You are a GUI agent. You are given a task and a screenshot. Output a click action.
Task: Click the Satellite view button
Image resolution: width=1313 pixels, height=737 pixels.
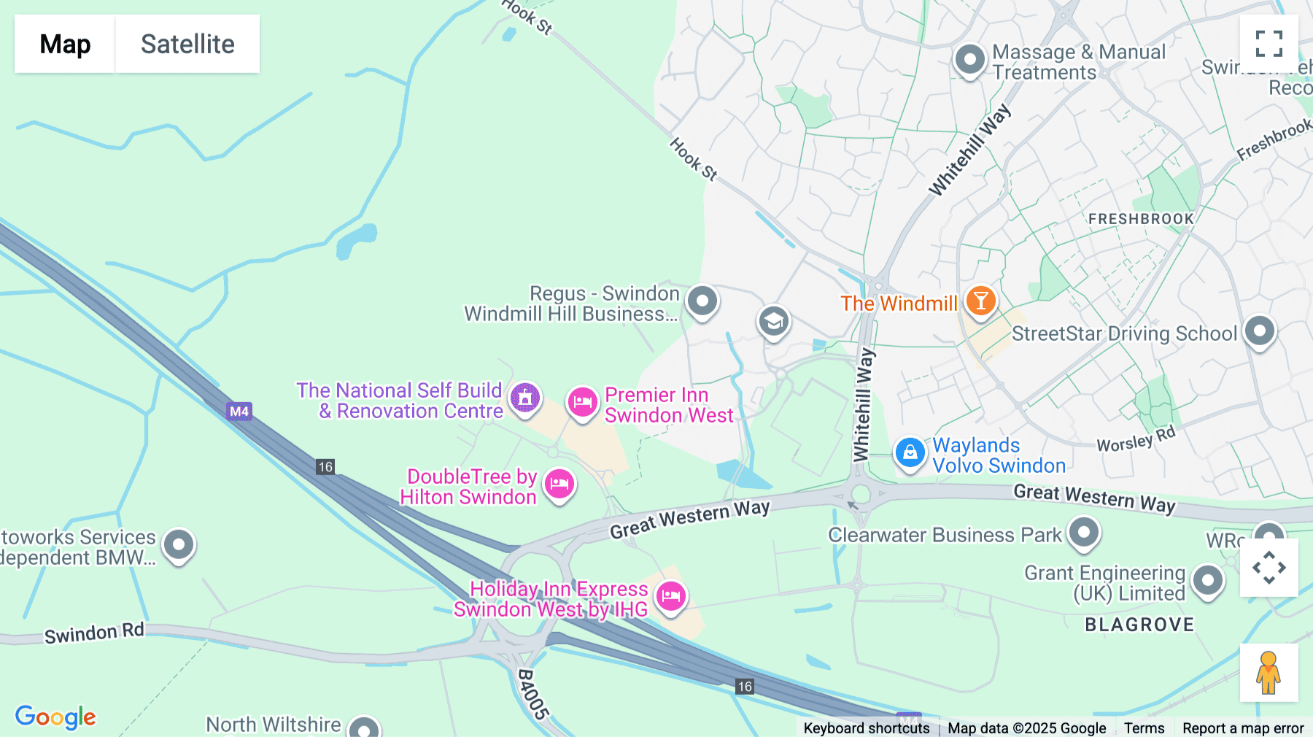tap(187, 44)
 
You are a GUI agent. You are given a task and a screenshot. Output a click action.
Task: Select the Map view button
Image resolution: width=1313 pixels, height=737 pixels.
tap(65, 44)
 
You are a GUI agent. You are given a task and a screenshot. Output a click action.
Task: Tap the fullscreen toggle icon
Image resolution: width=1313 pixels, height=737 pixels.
tap(1269, 44)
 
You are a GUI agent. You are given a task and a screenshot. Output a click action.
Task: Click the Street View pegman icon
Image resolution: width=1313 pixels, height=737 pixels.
tap(1269, 673)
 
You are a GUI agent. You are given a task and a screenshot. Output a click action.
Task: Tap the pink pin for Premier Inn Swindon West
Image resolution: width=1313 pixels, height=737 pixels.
tap(582, 402)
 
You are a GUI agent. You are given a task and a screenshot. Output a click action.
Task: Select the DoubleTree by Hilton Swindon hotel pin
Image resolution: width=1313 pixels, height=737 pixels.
tap(559, 484)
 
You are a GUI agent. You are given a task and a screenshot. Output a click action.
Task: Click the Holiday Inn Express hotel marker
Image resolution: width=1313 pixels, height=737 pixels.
tap(670, 596)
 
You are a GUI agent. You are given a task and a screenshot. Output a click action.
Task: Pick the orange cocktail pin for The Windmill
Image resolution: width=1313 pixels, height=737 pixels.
tap(980, 301)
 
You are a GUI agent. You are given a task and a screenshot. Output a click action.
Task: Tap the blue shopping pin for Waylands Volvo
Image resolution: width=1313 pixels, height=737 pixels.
tap(910, 453)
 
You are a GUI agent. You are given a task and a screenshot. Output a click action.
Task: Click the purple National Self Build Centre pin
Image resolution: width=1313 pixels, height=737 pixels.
tap(524, 398)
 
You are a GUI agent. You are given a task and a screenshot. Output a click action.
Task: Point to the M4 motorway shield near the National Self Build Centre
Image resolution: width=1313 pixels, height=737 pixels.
tap(239, 411)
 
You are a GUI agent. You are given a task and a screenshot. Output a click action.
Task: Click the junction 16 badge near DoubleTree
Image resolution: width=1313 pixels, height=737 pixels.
tap(325, 467)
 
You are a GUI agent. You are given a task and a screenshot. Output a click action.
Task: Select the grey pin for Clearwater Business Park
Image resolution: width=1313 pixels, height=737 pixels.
tap(1083, 532)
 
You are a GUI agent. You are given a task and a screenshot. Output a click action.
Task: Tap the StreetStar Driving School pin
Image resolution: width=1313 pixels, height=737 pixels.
tap(1259, 331)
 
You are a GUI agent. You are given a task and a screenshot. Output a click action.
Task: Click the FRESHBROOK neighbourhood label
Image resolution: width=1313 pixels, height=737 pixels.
tap(1141, 219)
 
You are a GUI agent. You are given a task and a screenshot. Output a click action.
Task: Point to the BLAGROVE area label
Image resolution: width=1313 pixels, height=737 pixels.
tap(1139, 625)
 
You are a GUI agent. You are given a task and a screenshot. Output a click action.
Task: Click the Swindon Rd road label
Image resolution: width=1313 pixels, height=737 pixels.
tap(94, 633)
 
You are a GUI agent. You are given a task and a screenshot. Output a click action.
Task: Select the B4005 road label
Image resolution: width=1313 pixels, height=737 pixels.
tap(532, 694)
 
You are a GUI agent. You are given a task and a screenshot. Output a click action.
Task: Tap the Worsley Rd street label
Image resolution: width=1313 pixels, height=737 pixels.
tap(1136, 439)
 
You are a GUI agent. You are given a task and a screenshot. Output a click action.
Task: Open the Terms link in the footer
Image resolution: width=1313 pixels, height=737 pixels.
tap(1144, 728)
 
